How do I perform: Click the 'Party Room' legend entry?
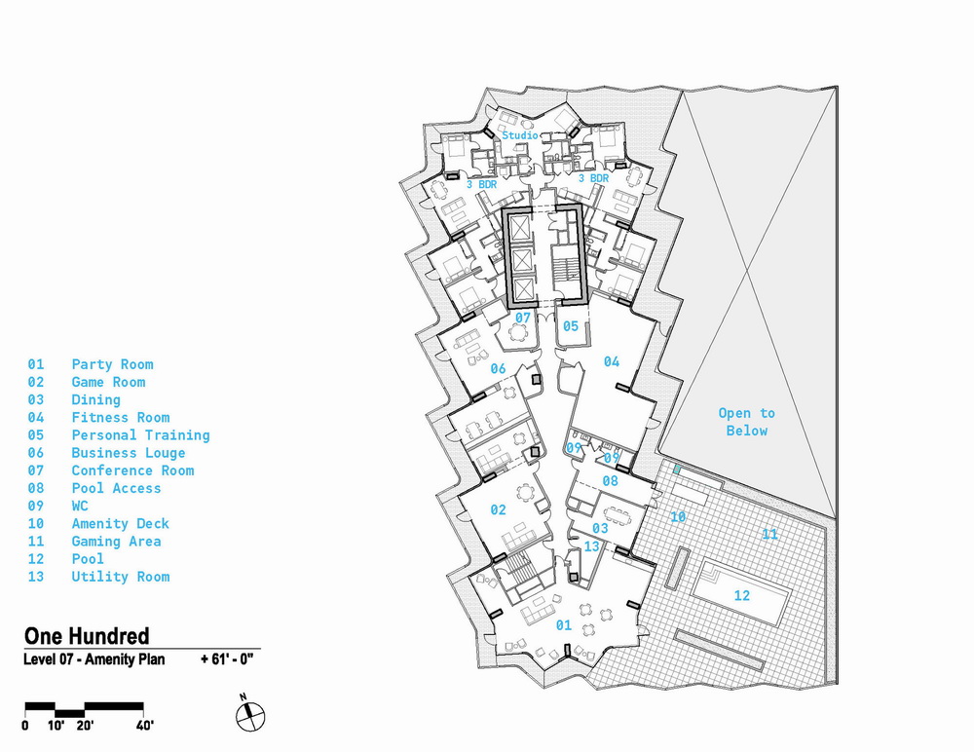[x=112, y=364]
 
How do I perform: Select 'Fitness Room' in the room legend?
[x=120, y=417]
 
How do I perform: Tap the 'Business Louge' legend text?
[x=128, y=453]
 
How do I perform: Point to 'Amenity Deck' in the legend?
[x=120, y=523]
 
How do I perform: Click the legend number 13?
[x=36, y=577]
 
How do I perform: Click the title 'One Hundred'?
[x=87, y=637]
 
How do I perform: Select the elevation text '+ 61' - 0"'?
[x=227, y=659]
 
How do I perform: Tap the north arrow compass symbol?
[x=249, y=713]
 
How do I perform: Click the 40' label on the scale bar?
[x=144, y=725]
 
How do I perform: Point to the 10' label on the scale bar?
[x=57, y=725]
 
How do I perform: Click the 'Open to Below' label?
[x=747, y=422]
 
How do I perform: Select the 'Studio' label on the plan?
[x=520, y=135]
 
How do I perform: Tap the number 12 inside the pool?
[x=741, y=596]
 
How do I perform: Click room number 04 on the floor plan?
[x=611, y=361]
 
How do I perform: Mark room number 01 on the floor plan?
[x=563, y=625]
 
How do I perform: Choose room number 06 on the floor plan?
[x=498, y=368]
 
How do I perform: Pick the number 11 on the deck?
[x=770, y=535]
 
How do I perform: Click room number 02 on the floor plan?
[x=498, y=509]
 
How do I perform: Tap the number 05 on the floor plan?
[x=570, y=326]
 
